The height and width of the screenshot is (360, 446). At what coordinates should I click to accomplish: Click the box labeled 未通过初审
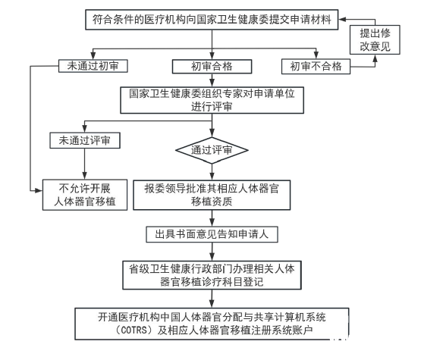(x=93, y=66)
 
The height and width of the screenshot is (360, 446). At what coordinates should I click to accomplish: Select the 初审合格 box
(x=212, y=67)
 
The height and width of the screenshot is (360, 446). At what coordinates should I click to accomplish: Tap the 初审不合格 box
(x=316, y=67)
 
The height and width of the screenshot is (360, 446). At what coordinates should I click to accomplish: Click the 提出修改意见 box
(x=375, y=39)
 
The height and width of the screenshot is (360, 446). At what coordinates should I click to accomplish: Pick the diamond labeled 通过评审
(x=212, y=150)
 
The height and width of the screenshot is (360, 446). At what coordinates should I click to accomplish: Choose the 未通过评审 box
(x=85, y=140)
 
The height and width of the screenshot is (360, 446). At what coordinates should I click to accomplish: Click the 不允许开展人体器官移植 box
(x=85, y=195)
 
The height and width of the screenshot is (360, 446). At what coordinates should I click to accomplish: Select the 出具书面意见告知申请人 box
(x=212, y=234)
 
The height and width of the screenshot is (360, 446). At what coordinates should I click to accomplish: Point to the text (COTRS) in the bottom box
(x=135, y=330)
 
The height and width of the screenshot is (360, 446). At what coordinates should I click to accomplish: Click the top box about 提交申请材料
(x=212, y=20)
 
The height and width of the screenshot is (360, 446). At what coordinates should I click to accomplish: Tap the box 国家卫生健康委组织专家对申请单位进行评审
(x=212, y=100)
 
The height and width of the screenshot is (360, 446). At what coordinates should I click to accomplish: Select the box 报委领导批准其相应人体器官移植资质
(x=212, y=196)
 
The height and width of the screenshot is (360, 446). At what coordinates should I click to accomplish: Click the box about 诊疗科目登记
(x=212, y=275)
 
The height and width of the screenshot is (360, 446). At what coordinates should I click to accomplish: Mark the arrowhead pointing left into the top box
(x=341, y=19)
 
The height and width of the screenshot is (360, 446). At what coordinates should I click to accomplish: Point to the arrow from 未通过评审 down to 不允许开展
(x=84, y=164)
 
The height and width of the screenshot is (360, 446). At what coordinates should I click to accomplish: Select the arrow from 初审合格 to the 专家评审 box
(x=212, y=80)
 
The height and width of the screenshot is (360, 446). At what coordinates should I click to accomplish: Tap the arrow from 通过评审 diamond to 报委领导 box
(x=212, y=172)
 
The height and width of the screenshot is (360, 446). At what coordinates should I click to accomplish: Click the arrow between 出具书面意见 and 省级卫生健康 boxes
(x=212, y=252)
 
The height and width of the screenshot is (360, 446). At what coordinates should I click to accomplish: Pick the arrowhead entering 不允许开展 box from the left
(x=39, y=191)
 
